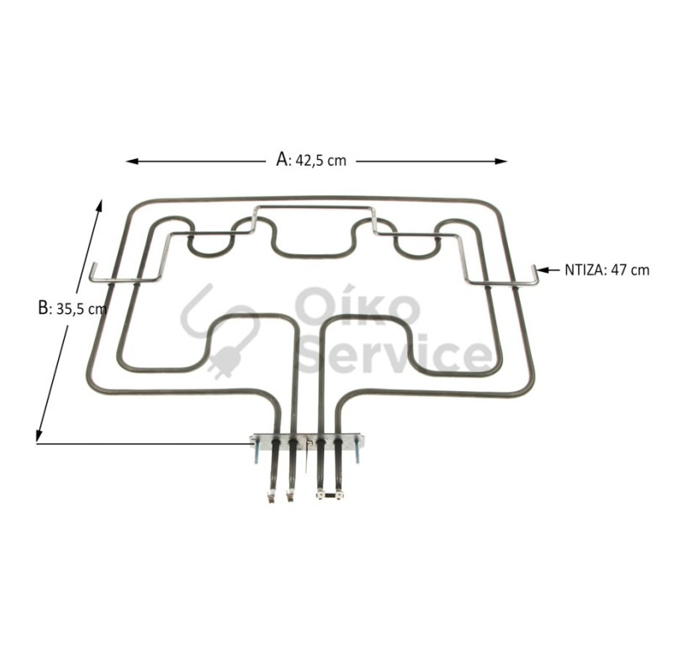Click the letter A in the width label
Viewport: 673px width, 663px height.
pos(282,159)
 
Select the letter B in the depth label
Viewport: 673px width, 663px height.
pos(44,308)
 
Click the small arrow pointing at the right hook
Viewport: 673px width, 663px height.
pos(548,270)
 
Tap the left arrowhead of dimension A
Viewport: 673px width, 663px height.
pos(132,162)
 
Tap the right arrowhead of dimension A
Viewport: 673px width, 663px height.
pos(501,162)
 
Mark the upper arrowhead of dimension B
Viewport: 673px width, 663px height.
pos(99,205)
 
